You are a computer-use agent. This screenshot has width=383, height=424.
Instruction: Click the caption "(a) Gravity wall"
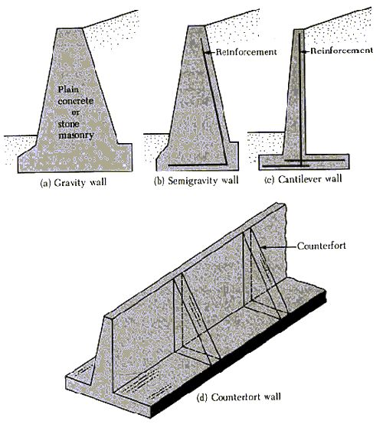73,183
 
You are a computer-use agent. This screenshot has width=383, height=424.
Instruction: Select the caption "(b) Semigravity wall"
196,181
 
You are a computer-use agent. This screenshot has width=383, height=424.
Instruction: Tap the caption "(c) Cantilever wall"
303,179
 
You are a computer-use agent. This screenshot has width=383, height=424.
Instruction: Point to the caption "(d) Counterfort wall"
239,397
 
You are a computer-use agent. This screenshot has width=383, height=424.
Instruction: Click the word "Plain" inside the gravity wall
68,89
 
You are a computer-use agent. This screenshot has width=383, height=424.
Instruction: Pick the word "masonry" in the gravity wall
76,135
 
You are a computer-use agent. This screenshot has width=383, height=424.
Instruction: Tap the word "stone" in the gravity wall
69,124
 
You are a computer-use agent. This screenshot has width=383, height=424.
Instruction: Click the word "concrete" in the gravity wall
76,101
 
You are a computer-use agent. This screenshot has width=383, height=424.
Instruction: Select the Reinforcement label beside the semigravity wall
246,51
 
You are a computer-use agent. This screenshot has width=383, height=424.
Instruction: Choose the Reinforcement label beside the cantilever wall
342,51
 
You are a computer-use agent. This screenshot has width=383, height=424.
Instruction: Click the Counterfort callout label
322,246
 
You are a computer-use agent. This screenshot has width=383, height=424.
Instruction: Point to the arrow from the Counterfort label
278,246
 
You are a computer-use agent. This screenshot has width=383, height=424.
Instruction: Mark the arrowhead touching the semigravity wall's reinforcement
206,53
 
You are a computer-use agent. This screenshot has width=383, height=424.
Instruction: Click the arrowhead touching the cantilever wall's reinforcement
304,51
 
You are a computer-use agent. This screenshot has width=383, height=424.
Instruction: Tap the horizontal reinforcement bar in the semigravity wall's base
198,165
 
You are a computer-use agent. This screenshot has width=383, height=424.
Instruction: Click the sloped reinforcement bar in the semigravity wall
214,101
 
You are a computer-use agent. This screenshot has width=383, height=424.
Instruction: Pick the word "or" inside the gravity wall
76,113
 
